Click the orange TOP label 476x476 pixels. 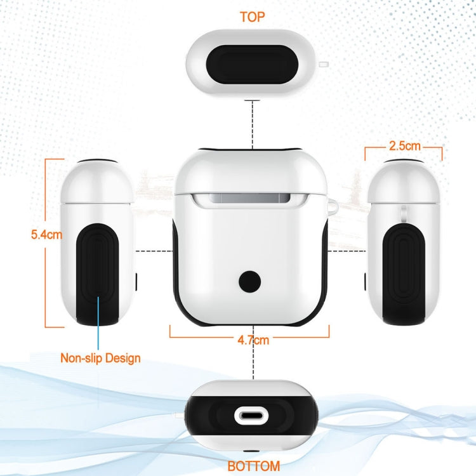click(252, 17)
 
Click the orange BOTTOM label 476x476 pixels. click(254, 466)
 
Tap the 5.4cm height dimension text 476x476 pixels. click(46, 235)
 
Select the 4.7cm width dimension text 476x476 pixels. click(253, 340)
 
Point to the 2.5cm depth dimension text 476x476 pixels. click(405, 146)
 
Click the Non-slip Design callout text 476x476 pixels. click(100, 358)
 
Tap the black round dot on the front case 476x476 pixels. click(249, 282)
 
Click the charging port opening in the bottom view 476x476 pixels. click(252, 416)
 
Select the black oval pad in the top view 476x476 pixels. click(252, 64)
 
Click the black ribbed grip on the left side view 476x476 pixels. click(97, 275)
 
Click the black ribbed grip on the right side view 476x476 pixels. click(404, 275)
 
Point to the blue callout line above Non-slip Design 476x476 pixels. click(98, 323)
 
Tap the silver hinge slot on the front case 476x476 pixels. click(251, 199)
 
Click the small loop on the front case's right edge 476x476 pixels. click(333, 206)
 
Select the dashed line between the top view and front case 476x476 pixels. click(253, 125)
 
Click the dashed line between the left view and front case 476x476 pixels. click(154, 251)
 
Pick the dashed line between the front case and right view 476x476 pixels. click(347, 251)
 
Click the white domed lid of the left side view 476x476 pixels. click(97, 182)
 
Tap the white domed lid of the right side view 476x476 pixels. click(404, 182)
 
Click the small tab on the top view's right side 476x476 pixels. click(324, 64)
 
